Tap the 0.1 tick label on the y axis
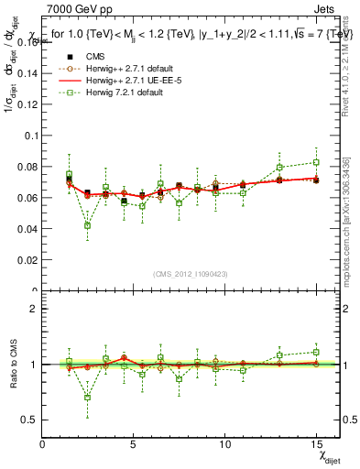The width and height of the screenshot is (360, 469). coord(31,136)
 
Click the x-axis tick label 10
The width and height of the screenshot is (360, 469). coord(224,444)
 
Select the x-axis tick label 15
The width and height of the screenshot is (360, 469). coord(315,444)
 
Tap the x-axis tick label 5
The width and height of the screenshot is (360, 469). coord(134,444)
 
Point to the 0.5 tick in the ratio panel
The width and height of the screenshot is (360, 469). coord(31,420)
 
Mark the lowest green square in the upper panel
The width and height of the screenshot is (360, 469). coord(87,225)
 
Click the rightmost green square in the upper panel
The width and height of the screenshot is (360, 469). coord(316,162)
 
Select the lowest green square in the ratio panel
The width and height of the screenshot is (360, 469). coord(87,398)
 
